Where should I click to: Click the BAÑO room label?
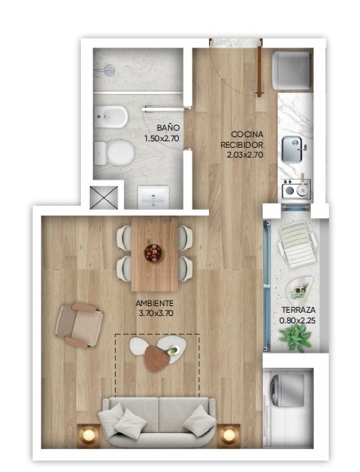point(168,127)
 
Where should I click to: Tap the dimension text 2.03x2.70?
point(245,154)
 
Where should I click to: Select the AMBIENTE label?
point(154,303)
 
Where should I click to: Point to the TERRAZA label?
point(298,309)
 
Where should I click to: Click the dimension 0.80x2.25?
point(297,321)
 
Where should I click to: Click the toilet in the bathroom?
point(114,153)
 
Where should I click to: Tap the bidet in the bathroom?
point(111,117)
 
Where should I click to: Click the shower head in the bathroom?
point(104,71)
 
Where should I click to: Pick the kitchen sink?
point(293,149)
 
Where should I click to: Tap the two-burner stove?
point(296,189)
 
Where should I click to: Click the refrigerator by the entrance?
point(291,71)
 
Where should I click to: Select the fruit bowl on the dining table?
point(153,253)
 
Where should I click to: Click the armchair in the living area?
point(79,326)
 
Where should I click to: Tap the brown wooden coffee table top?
point(157,358)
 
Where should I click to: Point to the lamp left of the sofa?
point(89,434)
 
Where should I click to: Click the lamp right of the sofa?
point(229,434)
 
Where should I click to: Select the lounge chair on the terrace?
point(298,247)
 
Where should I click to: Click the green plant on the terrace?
point(296,338)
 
